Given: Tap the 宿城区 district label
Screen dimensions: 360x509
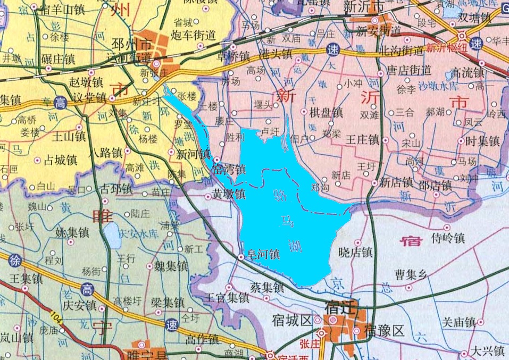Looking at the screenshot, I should (291, 321).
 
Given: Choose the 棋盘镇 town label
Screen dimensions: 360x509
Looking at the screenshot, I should (326, 113).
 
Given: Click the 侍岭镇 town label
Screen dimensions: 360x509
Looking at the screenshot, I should (448, 238).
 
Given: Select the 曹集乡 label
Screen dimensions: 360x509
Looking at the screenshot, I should (411, 274).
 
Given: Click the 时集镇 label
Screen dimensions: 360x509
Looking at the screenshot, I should (482, 141).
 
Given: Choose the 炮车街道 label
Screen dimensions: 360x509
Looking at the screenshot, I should (194, 36).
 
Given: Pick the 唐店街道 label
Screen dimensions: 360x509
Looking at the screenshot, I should (408, 70).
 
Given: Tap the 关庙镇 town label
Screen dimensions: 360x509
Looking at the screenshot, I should (459, 322).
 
